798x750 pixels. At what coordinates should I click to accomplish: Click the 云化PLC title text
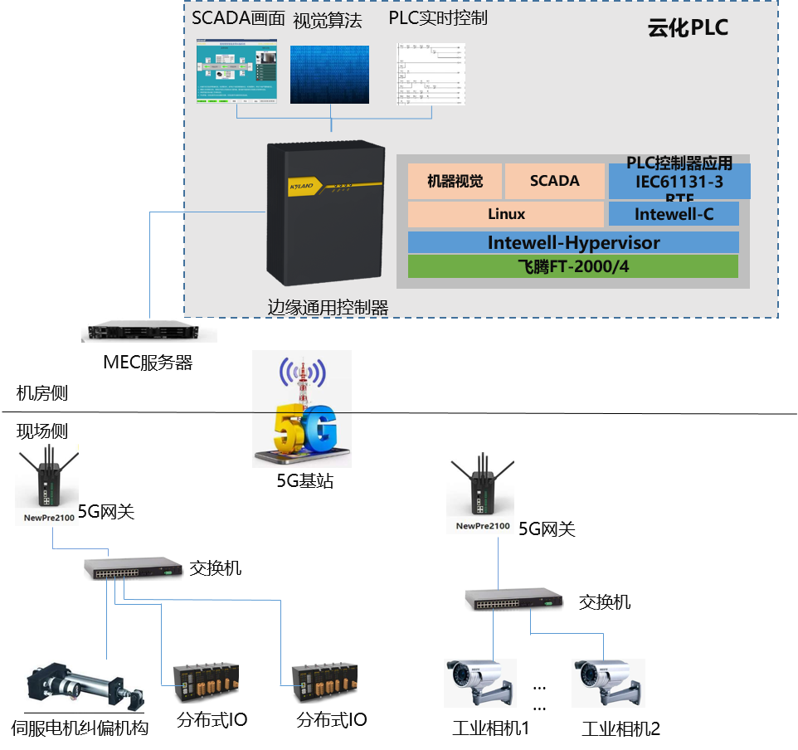click(688, 28)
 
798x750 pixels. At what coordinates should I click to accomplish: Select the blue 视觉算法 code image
click(329, 74)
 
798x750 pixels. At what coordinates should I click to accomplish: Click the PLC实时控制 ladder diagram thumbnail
click(431, 74)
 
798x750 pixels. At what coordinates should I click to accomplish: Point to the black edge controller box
click(326, 214)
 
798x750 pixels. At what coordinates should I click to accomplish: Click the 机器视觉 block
click(455, 181)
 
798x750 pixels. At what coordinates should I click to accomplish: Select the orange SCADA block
click(554, 181)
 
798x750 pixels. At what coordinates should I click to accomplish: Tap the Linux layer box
click(506, 214)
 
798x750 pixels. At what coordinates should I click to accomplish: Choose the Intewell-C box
click(673, 214)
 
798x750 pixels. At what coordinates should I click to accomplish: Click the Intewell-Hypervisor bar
click(573, 242)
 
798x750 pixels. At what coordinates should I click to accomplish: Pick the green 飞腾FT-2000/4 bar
click(573, 266)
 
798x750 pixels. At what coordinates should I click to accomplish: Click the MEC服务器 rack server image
click(149, 330)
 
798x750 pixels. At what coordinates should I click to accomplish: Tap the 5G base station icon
click(301, 409)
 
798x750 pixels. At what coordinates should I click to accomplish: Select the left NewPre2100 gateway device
click(47, 485)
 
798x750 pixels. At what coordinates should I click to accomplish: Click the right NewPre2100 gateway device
click(480, 493)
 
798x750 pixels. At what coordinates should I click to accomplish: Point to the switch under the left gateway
click(133, 568)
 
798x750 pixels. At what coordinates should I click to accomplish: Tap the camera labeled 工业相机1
click(480, 683)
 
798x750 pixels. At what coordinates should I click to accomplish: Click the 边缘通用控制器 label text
click(328, 307)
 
